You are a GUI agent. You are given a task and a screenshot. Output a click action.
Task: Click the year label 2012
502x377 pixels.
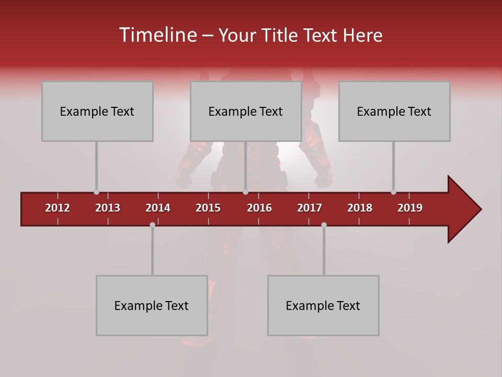(x=58, y=208)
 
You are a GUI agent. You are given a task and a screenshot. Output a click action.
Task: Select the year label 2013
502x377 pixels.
(x=108, y=208)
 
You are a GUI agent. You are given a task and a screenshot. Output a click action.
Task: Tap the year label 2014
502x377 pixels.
(x=158, y=208)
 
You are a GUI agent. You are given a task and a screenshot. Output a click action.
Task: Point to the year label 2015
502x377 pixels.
(x=208, y=208)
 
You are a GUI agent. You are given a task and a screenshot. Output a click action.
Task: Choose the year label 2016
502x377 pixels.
(x=259, y=208)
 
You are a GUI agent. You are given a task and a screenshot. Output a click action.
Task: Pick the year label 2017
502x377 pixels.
(x=310, y=208)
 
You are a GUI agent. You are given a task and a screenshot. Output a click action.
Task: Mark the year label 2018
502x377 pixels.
(x=360, y=208)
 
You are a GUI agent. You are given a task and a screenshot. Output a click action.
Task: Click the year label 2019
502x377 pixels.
(x=410, y=208)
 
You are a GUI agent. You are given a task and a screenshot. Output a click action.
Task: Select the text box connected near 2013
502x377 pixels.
(x=97, y=111)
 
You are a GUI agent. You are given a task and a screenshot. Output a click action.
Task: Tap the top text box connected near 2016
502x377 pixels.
(x=246, y=111)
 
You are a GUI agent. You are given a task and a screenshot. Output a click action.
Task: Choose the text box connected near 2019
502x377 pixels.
(x=394, y=111)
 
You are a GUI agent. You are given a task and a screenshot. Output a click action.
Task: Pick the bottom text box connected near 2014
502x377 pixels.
(x=152, y=305)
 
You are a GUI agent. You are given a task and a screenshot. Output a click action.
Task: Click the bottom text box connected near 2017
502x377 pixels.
(x=323, y=305)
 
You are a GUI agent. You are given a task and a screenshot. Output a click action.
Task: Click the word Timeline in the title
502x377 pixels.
(x=157, y=35)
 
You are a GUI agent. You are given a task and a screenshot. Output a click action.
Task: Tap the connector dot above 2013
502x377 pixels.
(x=96, y=192)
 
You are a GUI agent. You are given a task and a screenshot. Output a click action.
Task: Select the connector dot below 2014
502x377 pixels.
(x=152, y=225)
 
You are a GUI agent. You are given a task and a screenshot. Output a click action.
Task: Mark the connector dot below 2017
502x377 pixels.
(x=324, y=225)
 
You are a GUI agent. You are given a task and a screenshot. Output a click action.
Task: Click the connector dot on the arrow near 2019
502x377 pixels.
(x=393, y=192)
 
